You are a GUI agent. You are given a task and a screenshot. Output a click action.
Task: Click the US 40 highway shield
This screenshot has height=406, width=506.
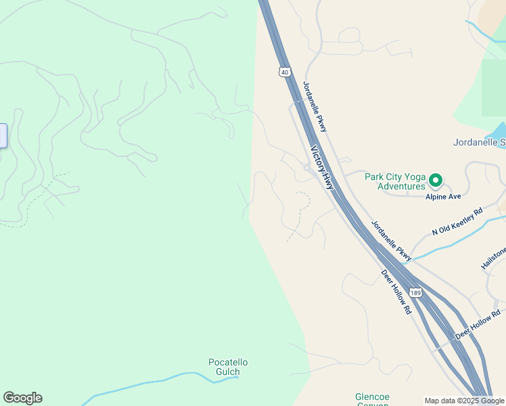point(283,72)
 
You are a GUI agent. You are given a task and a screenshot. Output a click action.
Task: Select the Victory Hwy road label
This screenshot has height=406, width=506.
point(322,167)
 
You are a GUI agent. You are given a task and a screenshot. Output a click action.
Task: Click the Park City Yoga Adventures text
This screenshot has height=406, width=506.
point(394,181)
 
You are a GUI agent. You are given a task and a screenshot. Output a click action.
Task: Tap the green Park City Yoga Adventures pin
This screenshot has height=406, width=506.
point(436,181)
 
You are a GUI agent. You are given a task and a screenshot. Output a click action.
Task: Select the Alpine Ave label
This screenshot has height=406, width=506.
point(443,196)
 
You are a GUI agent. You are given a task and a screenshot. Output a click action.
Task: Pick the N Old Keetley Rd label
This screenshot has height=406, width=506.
point(457,222)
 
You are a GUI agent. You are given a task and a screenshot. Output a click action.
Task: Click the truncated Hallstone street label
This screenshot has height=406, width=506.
point(493,259)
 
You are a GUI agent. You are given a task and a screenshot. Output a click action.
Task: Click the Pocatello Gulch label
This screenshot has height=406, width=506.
point(228,367)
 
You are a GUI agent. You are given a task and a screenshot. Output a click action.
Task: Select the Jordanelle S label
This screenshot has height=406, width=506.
point(479,143)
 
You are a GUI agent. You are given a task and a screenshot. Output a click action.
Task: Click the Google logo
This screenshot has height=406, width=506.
point(22,398)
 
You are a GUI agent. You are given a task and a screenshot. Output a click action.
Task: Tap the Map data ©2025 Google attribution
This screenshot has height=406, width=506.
point(464,401)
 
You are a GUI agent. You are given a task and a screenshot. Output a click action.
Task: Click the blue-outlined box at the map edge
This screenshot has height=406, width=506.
point(3,135)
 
